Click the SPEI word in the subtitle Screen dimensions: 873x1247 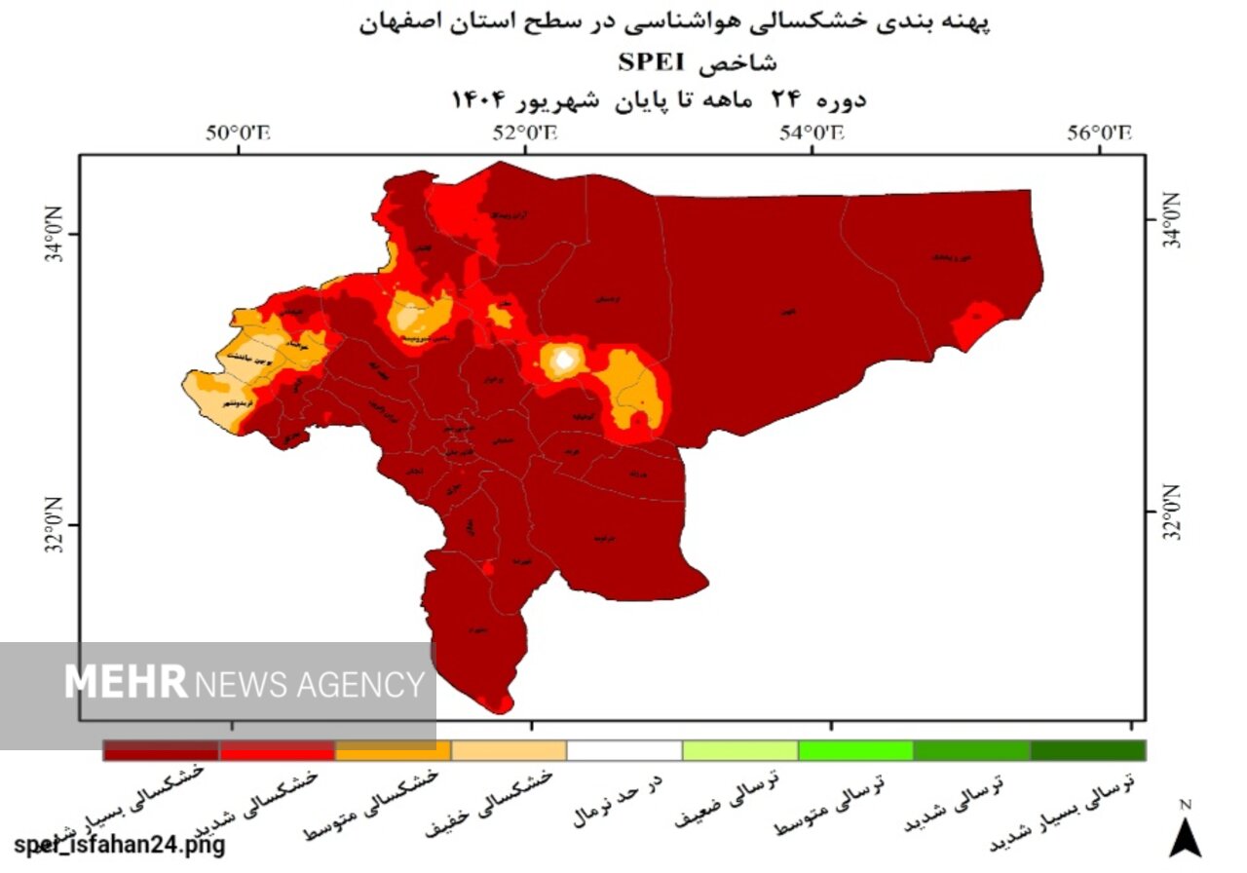[x=651, y=63]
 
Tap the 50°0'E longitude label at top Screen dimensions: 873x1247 [x=237, y=134]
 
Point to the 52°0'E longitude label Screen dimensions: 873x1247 [x=525, y=134]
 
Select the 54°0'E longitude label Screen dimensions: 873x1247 [x=812, y=134]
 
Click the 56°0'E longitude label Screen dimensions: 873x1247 [x=1099, y=134]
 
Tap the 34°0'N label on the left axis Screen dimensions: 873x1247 [x=56, y=235]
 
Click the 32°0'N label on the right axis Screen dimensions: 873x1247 [x=1169, y=512]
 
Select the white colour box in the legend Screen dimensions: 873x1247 [x=624, y=750]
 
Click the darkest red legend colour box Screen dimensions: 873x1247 [x=162, y=750]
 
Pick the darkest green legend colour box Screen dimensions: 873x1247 [x=1087, y=750]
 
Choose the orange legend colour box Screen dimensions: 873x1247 [x=393, y=750]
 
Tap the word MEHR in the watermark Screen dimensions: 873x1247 [x=126, y=682]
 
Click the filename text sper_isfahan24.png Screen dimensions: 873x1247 [x=119, y=845]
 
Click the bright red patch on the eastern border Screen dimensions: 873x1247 [x=976, y=323]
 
